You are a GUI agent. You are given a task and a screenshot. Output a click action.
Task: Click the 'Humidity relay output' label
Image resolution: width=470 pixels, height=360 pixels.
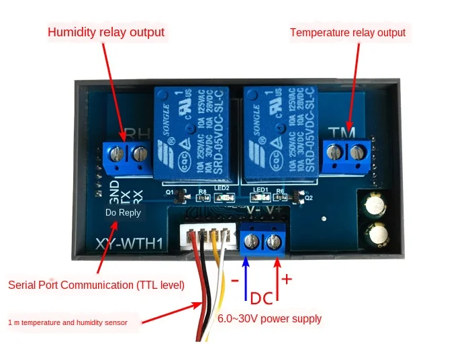point(105,32)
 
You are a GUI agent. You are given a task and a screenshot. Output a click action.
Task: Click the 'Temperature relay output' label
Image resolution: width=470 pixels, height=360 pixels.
point(347,32)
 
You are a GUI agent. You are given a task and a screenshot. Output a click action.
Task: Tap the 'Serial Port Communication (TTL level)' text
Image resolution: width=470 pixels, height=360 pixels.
point(96,285)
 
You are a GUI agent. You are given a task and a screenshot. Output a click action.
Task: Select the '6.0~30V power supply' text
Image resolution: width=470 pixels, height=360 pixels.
point(269,319)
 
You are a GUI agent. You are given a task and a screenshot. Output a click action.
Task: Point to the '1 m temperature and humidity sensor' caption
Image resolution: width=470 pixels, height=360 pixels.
point(77,322)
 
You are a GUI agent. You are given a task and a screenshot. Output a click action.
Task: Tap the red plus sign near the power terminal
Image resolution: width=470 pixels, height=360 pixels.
point(287,278)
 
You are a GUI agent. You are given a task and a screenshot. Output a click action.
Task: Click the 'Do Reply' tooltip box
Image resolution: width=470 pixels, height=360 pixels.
point(123,212)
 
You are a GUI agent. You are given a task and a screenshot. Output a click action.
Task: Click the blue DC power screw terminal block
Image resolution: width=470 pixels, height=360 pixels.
point(263,241)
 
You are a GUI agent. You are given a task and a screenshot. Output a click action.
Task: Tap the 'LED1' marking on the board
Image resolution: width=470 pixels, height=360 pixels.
point(261,189)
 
